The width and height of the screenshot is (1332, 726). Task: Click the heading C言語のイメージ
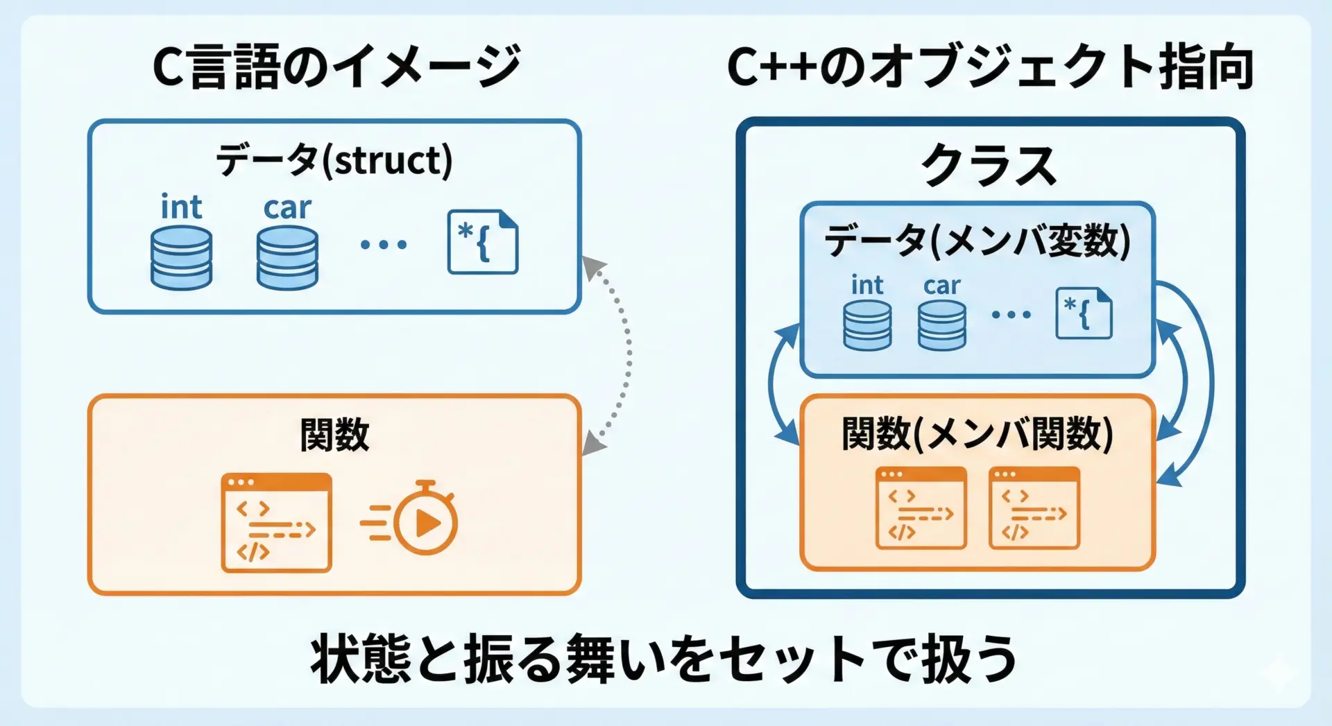click(x=336, y=67)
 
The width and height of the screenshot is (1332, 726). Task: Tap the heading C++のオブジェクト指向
click(x=990, y=67)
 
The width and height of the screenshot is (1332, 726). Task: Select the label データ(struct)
click(x=334, y=160)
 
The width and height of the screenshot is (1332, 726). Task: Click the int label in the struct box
click(x=181, y=207)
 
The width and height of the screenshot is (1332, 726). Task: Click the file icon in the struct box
click(x=483, y=242)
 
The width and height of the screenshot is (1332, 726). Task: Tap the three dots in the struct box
click(x=384, y=244)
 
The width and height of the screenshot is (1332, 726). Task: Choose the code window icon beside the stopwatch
click(x=276, y=523)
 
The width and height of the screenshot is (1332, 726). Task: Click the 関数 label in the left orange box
click(x=334, y=435)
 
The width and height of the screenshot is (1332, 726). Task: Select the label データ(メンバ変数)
click(x=977, y=241)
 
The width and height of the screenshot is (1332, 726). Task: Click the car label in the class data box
click(x=941, y=285)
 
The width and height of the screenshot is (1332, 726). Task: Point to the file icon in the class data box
click(x=1084, y=313)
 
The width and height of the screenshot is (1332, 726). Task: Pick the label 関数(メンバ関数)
click(x=977, y=434)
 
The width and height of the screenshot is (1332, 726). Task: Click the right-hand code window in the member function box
click(x=1034, y=508)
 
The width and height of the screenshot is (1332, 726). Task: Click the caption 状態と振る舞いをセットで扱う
click(x=664, y=659)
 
